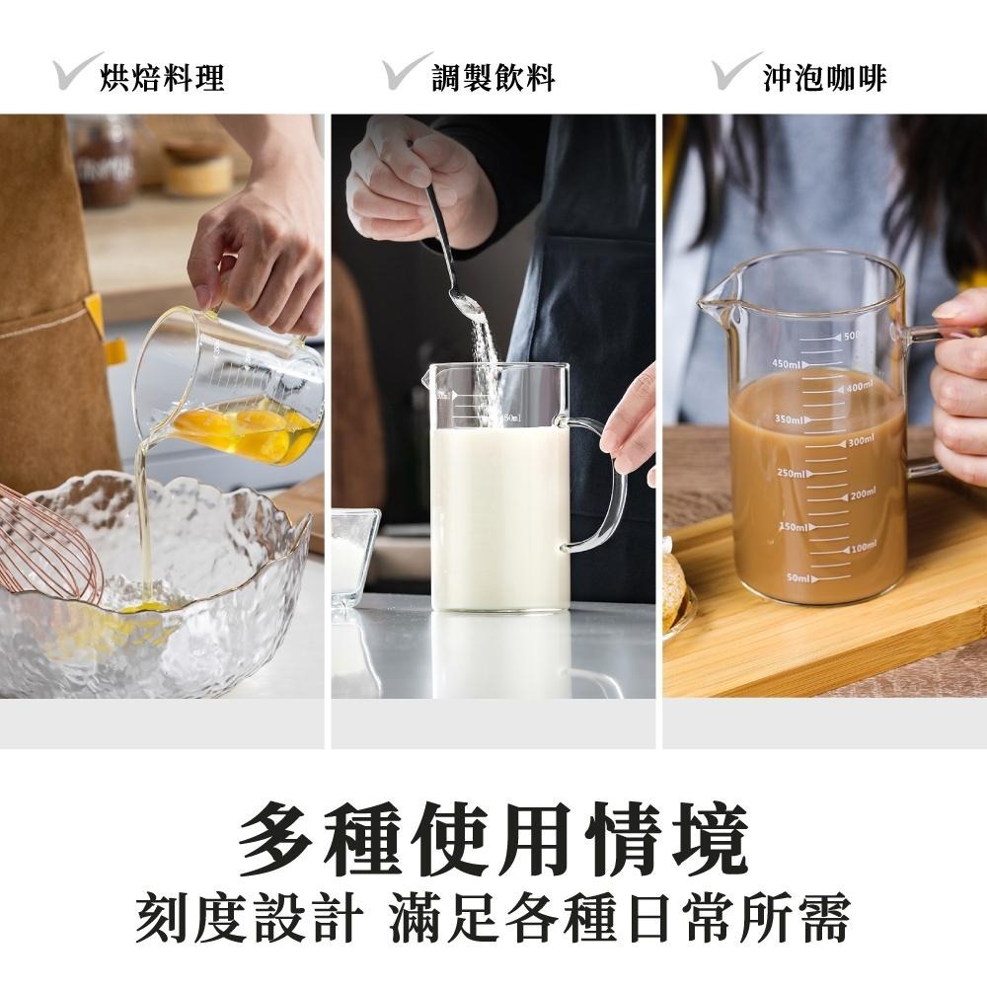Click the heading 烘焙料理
(163, 78)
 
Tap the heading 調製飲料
(493, 78)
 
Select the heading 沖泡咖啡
(824, 78)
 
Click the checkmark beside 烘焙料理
(77, 71)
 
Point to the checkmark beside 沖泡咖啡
(735, 71)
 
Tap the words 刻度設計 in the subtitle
(247, 921)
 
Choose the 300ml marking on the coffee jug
(860, 439)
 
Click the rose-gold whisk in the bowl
(49, 548)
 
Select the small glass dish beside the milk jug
(353, 553)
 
